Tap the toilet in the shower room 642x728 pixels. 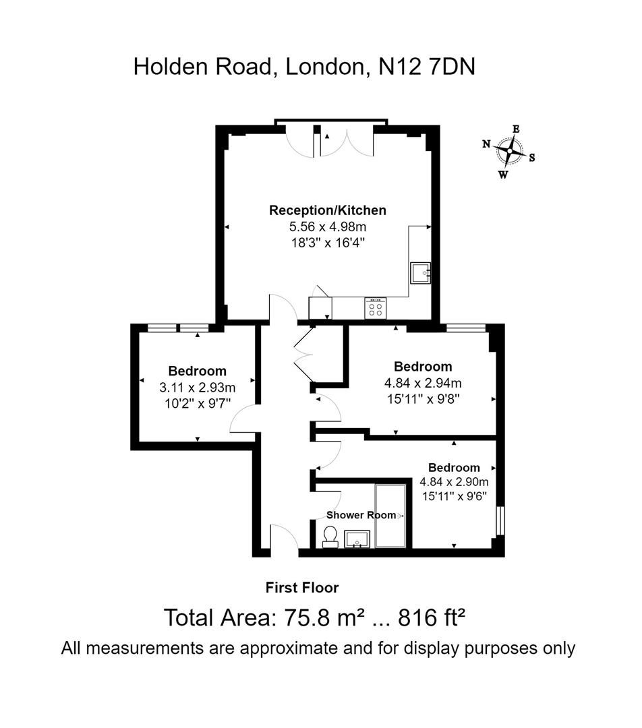[330, 537]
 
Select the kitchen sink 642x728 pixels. [419, 272]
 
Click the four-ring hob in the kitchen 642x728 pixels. [375, 308]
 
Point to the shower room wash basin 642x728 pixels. [357, 539]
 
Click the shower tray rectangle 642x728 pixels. [390, 516]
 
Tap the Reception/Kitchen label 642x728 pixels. [327, 210]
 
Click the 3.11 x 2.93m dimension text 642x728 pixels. [197, 388]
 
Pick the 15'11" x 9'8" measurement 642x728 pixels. [423, 398]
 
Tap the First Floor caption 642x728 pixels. [302, 588]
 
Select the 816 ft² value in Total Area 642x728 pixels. [432, 617]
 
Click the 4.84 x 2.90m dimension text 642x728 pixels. [454, 482]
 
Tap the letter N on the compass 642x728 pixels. [486, 144]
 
